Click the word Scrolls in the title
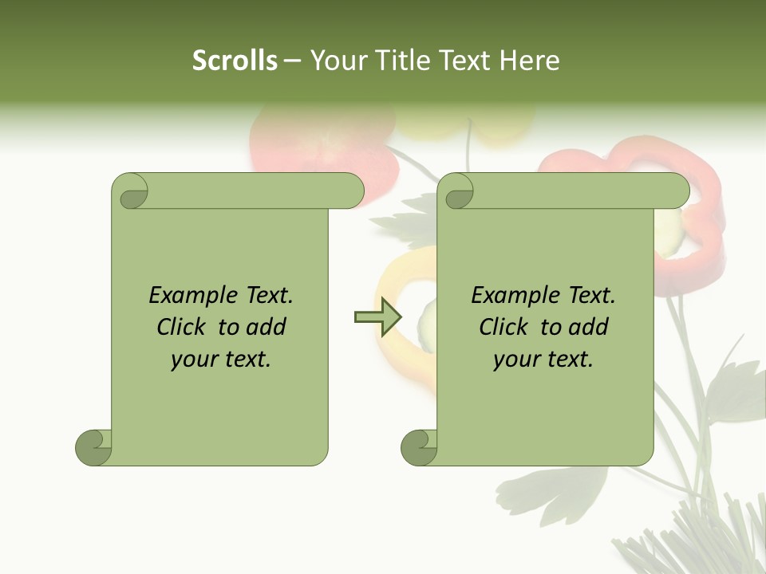[x=235, y=61]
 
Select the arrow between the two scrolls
[x=377, y=317]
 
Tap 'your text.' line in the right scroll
[x=543, y=360]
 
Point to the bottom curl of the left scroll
[x=93, y=447]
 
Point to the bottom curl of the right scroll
[x=419, y=447]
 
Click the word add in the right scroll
[x=589, y=327]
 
